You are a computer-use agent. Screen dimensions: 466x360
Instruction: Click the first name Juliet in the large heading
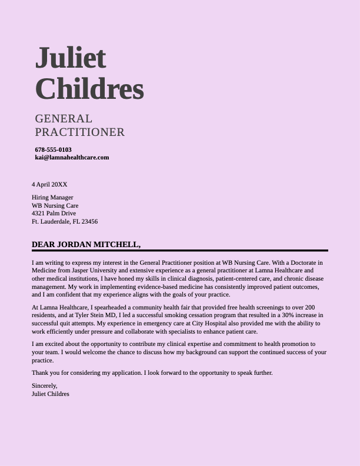click(71, 58)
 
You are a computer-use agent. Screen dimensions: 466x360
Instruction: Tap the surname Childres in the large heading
click(89, 89)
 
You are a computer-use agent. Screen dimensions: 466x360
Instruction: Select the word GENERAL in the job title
click(64, 119)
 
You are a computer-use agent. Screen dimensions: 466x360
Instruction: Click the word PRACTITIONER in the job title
click(79, 132)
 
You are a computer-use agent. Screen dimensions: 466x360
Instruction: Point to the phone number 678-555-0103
click(53, 149)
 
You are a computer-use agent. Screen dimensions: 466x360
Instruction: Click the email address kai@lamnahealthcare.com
click(72, 158)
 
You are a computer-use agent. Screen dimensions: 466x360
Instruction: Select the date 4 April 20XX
click(49, 185)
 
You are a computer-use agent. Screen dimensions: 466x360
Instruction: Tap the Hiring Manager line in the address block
click(52, 198)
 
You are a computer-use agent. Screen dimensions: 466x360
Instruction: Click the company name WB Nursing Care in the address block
click(55, 206)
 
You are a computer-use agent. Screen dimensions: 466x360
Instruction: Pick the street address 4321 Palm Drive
click(54, 214)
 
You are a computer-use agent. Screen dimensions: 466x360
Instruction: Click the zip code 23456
click(89, 222)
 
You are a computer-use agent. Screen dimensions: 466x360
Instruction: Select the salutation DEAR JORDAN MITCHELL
click(86, 245)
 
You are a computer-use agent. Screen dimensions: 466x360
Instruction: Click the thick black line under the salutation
click(179, 251)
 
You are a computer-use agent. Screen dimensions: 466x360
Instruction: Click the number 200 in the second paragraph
click(310, 308)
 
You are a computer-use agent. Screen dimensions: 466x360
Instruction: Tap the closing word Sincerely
click(44, 385)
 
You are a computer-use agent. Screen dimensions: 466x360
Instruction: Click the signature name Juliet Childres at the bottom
click(50, 394)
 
